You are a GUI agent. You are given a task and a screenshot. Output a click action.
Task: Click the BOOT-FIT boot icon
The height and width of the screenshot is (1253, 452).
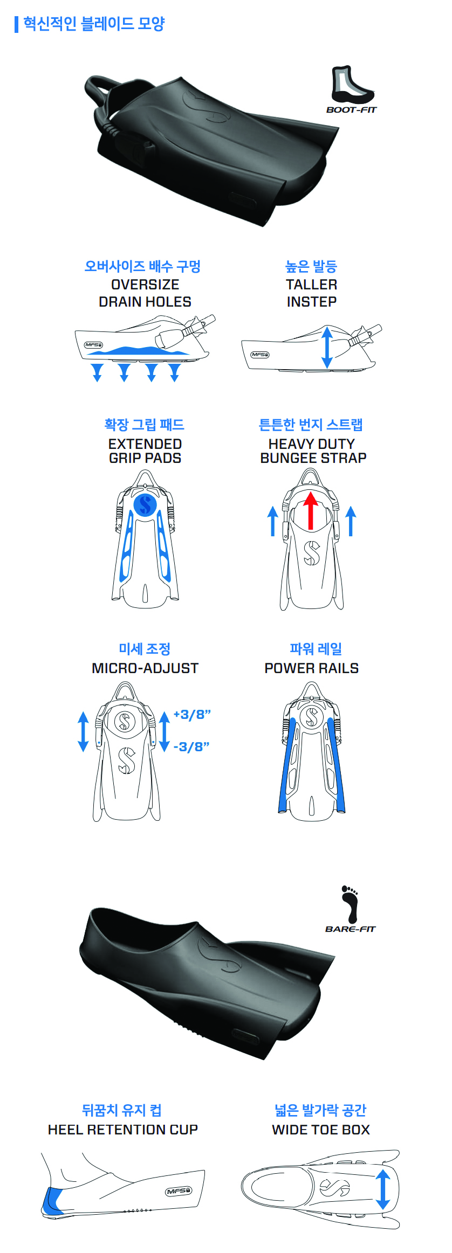(351, 85)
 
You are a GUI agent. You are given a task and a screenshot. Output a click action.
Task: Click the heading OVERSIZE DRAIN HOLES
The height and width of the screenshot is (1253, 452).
(145, 293)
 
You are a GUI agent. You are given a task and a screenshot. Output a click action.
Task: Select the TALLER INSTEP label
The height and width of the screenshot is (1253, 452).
(312, 293)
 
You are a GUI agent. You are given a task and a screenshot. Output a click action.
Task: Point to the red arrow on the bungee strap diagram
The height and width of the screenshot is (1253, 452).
(310, 510)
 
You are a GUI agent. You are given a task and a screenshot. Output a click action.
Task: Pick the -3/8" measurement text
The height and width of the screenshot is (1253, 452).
(191, 747)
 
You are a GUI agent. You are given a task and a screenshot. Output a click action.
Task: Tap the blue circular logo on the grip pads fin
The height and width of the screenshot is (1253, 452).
(145, 504)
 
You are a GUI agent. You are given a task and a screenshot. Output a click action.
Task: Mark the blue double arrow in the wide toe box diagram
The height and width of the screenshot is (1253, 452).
(383, 1189)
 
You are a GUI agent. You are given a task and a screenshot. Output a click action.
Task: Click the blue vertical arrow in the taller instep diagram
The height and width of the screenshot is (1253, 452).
(327, 348)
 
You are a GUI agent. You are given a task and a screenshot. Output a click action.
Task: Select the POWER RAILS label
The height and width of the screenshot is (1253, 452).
(312, 668)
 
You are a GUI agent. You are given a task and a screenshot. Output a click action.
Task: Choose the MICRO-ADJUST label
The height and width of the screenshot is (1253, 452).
(145, 668)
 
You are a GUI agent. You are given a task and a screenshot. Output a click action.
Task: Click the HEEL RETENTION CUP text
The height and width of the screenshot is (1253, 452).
(123, 1130)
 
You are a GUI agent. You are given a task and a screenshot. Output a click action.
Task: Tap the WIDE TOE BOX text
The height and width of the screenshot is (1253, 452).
(321, 1130)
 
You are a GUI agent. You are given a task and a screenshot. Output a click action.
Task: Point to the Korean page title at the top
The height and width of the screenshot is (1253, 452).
(94, 24)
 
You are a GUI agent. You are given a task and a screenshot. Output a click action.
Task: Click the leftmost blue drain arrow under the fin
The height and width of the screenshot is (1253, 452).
(97, 372)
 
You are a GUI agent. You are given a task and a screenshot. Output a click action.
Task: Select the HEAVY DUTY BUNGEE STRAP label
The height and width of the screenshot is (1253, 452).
(313, 451)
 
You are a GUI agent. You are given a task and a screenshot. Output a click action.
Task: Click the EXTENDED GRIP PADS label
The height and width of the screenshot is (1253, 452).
(145, 451)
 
